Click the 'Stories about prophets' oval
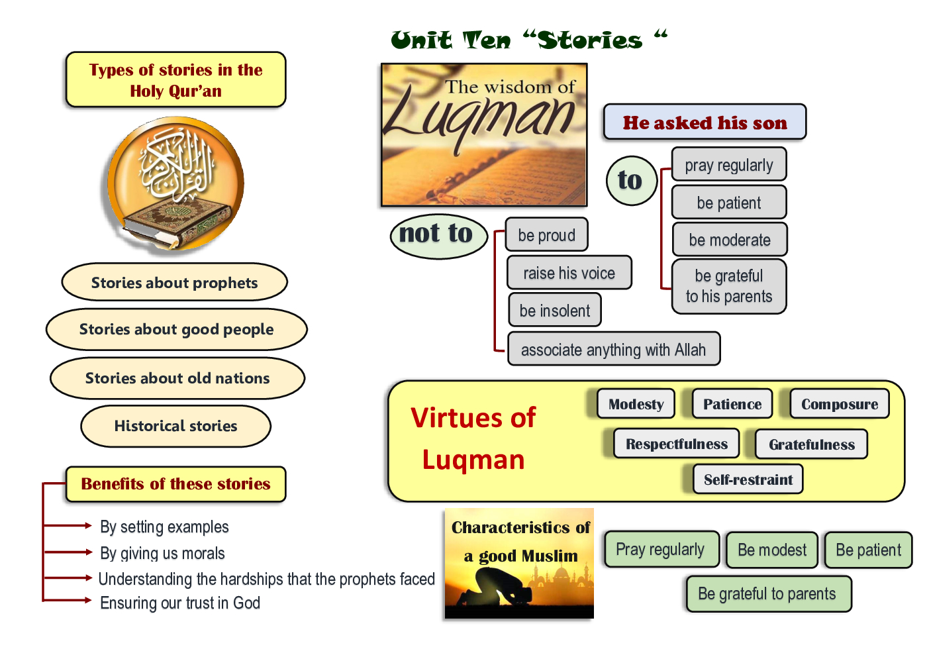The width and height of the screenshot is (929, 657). coord(174,282)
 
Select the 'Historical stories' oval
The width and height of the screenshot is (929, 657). coord(175,426)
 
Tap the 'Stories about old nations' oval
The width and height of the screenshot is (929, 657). coord(177,378)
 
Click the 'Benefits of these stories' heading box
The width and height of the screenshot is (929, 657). coord(175,484)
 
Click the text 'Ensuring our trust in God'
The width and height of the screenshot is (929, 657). coord(180,603)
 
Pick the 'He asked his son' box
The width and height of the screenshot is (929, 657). coord(705,123)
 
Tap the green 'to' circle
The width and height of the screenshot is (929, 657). coord(631,180)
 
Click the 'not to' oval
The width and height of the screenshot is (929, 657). coord(437,234)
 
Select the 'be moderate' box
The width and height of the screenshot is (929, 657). coord(729,240)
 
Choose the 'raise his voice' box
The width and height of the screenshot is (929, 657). coord(569,273)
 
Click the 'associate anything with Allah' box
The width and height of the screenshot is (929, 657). coord(613,349)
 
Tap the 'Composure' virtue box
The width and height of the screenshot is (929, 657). coord(839,404)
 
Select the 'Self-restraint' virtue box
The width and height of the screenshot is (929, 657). coord(748,480)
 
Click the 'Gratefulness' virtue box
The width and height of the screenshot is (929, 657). coord(811,444)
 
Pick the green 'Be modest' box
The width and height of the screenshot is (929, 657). coord(771,550)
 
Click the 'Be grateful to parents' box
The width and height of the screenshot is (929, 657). coord(767,593)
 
